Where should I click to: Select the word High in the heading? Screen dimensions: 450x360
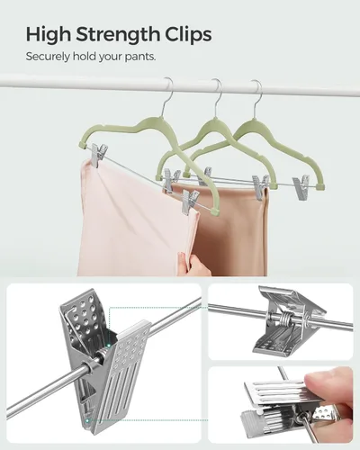47,35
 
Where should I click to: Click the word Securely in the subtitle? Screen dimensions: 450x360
46,57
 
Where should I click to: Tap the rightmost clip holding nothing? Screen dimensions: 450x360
301,187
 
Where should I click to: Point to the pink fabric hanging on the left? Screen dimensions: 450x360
126,225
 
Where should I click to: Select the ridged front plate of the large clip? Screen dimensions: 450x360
130,378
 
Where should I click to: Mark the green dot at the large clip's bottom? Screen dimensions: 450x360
88,419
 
